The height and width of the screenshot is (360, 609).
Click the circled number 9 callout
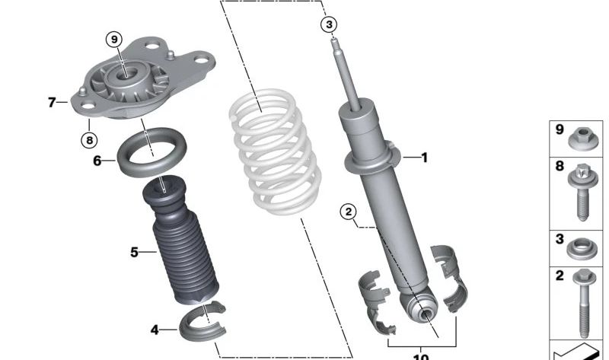113,39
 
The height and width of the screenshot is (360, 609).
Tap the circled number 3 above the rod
329,25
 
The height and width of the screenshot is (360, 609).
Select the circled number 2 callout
349,212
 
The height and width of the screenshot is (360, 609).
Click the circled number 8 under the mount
89,139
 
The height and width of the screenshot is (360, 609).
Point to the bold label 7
52,101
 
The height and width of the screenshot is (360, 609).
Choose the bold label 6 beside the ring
97,161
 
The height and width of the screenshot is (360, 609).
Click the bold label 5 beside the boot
134,252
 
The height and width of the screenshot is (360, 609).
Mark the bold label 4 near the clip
155,330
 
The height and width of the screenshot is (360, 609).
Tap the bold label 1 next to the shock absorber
424,158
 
